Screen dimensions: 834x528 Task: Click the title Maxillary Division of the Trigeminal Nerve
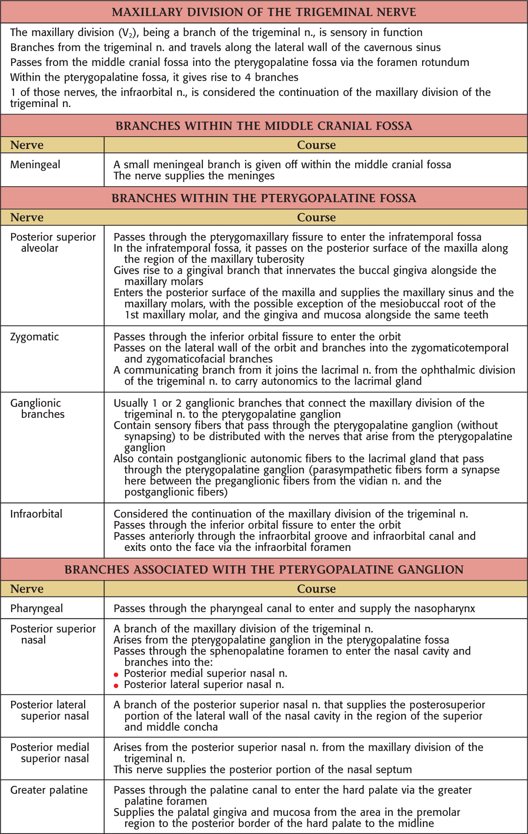tap(264, 12)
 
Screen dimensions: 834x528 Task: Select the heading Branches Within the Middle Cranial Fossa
tap(264, 126)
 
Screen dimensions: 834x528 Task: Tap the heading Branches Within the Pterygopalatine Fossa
tap(264, 198)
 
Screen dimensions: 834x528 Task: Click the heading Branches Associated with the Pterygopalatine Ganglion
tap(264, 569)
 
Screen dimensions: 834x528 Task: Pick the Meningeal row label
tap(35, 164)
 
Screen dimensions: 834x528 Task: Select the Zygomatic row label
tap(34, 337)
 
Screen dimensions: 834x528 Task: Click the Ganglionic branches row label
tap(37, 408)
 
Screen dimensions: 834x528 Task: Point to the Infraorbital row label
tap(36, 514)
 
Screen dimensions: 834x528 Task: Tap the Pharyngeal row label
tap(37, 608)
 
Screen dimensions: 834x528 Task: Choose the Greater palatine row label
tap(49, 790)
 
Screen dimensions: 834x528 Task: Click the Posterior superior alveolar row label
tap(53, 242)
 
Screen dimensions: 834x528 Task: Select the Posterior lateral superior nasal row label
tap(50, 710)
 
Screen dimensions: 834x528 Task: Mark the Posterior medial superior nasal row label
tap(50, 753)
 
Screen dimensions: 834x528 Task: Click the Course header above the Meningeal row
tap(316, 145)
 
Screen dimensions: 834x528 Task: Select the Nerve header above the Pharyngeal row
tap(27, 589)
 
